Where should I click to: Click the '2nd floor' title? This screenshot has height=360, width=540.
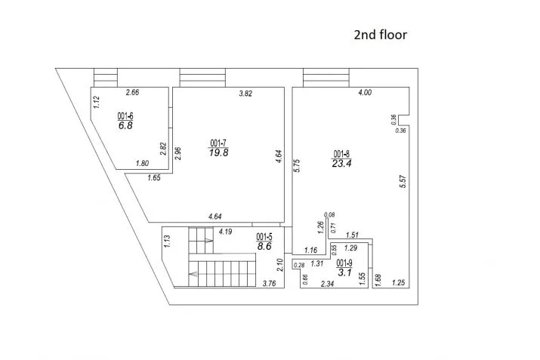pos(380,35)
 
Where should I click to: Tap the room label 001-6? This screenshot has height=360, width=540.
pos(125,116)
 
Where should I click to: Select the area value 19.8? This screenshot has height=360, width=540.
pos(219,152)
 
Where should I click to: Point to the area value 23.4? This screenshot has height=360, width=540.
pos(341,164)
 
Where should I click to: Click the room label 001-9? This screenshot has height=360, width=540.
pos(344,263)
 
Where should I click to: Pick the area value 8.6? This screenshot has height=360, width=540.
pos(264,247)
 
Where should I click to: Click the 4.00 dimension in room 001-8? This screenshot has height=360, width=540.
pos(365,92)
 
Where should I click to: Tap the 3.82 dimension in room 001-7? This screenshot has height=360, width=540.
pos(245,94)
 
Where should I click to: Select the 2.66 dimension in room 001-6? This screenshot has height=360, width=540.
pos(133,92)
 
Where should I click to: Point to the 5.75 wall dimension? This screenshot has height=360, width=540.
pos(297,165)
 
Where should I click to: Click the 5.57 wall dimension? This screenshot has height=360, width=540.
pos(403,181)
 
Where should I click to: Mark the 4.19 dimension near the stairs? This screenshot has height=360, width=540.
pos(225,232)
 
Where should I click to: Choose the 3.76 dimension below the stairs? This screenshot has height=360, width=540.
pos(269,284)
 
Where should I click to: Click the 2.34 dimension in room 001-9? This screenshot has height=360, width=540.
pos(327,284)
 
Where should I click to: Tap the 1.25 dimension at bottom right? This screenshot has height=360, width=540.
pos(399,283)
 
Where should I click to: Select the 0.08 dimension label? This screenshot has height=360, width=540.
pos(329,215)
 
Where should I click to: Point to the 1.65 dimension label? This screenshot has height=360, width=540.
pos(154,178)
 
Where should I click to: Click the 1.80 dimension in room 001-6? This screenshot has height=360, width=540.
pos(142,163)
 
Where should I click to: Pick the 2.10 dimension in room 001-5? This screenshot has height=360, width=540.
pos(279,265)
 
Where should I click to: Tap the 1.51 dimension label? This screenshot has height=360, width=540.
pos(352,235)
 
